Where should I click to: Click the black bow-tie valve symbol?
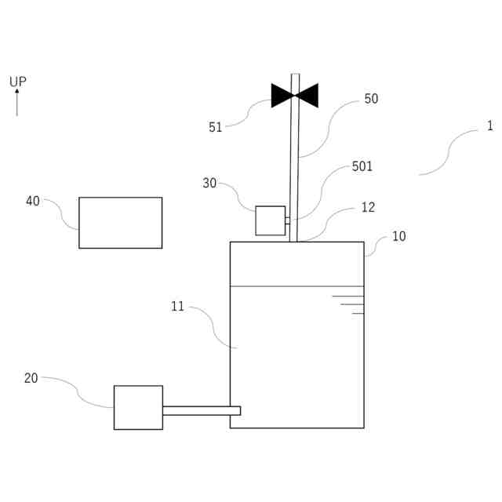295,95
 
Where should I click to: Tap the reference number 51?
216,127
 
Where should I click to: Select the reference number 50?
371,99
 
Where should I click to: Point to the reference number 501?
362,166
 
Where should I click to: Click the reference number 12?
368,208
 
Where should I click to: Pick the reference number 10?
399,236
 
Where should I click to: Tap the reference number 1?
490,125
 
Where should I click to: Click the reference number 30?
209,184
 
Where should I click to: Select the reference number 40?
33,202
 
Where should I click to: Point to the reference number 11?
178,307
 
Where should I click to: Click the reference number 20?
31,378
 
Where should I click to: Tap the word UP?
18,82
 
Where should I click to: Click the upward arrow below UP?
17,103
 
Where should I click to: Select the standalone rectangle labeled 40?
120,223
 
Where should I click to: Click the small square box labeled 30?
271,220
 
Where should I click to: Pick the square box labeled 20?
138,407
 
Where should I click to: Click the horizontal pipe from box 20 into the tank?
201,410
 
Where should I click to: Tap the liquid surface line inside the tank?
296,286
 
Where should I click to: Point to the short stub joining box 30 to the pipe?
287,220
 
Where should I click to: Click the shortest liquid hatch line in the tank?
358,313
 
